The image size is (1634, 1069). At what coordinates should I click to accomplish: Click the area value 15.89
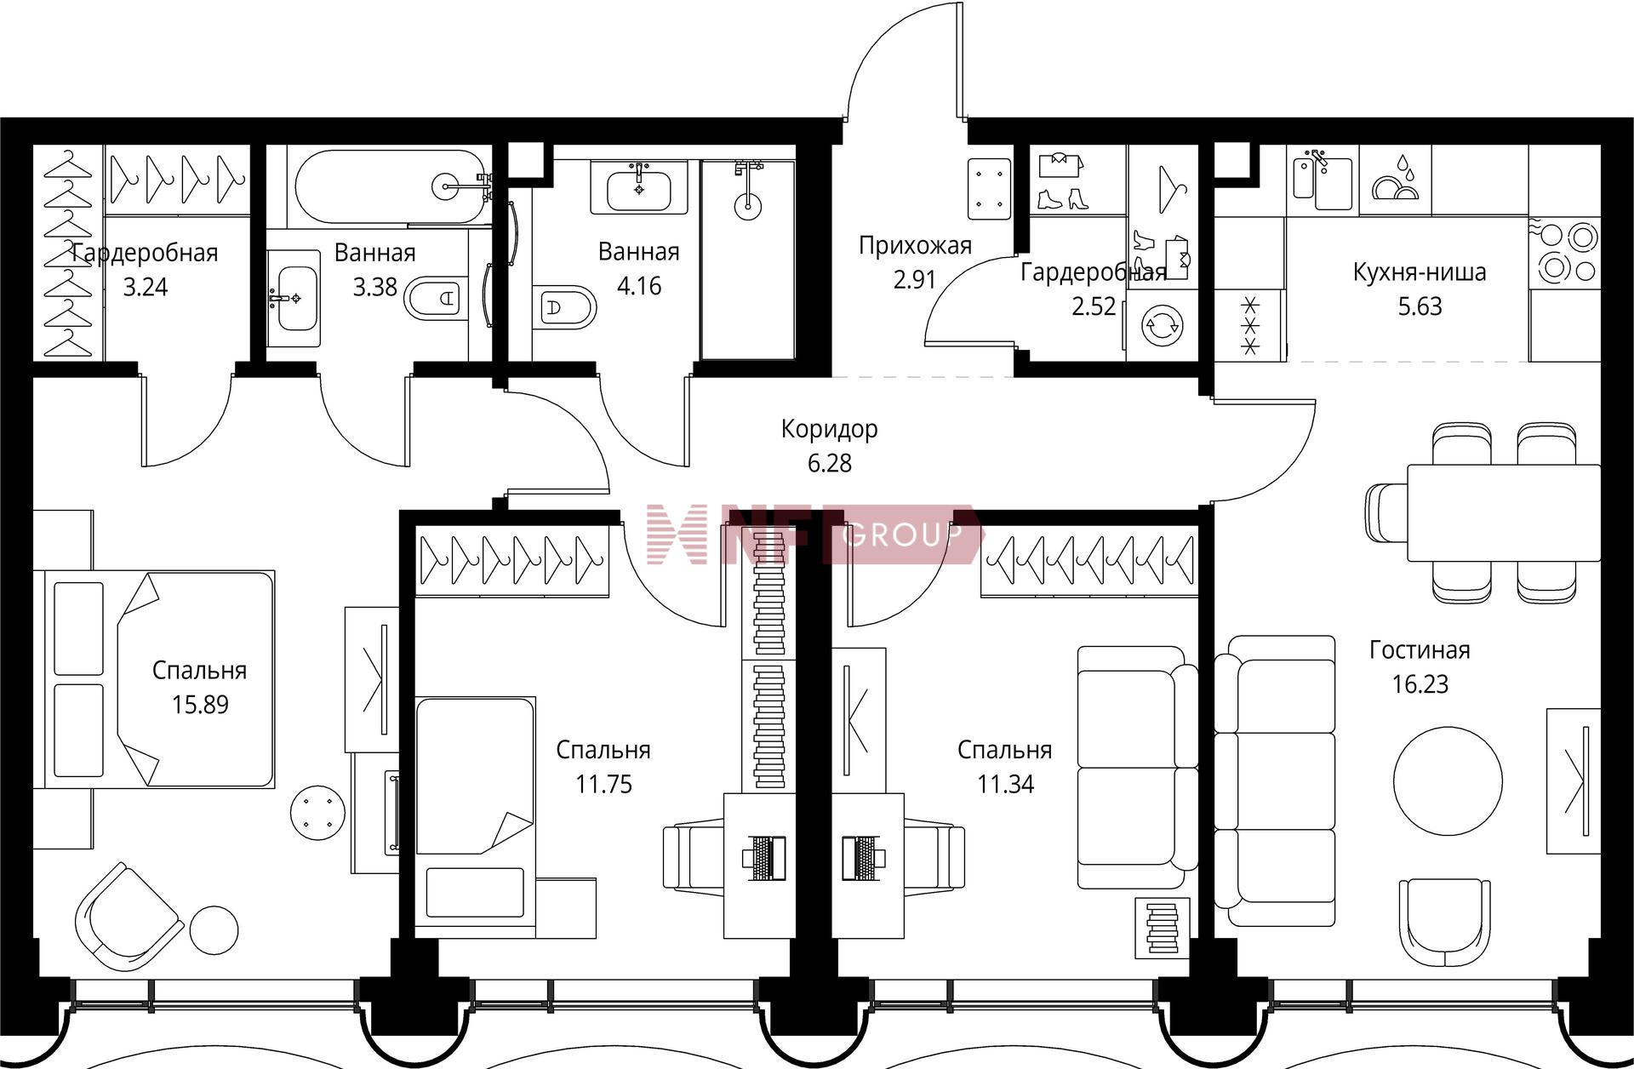pyautogui.click(x=200, y=705)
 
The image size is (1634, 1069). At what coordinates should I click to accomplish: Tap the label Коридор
pyautogui.click(x=829, y=429)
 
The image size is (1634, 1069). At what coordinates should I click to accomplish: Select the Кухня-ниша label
pyautogui.click(x=1420, y=272)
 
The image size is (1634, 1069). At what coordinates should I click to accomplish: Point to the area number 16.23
pyautogui.click(x=1420, y=684)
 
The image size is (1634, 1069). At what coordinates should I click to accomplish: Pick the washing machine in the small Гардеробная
pyautogui.click(x=1162, y=323)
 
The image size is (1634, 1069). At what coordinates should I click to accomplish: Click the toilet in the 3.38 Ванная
pyautogui.click(x=435, y=299)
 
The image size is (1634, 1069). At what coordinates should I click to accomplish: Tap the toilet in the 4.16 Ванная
pyautogui.click(x=563, y=306)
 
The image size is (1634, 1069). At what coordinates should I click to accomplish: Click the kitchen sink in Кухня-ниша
pyautogui.click(x=1323, y=181)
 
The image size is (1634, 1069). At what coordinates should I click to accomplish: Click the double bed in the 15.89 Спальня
pyautogui.click(x=159, y=678)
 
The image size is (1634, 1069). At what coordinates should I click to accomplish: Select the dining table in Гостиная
pyautogui.click(x=1504, y=512)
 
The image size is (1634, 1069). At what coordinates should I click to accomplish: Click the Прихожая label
pyautogui.click(x=915, y=246)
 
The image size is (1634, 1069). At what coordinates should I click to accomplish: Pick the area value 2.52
pyautogui.click(x=1094, y=306)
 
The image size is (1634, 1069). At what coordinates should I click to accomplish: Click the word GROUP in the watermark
pyautogui.click(x=902, y=535)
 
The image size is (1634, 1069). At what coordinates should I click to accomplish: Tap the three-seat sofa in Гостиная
pyautogui.click(x=1274, y=780)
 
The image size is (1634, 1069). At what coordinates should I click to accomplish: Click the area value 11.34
pyautogui.click(x=1005, y=784)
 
